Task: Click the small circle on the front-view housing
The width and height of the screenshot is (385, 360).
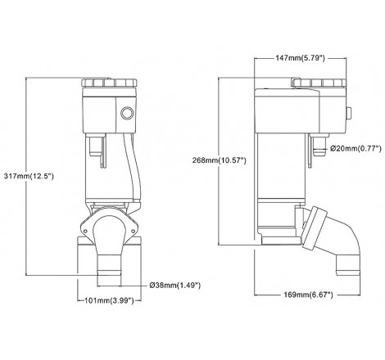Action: coord(126,114)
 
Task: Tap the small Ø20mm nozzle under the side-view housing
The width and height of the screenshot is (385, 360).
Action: coord(318,146)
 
